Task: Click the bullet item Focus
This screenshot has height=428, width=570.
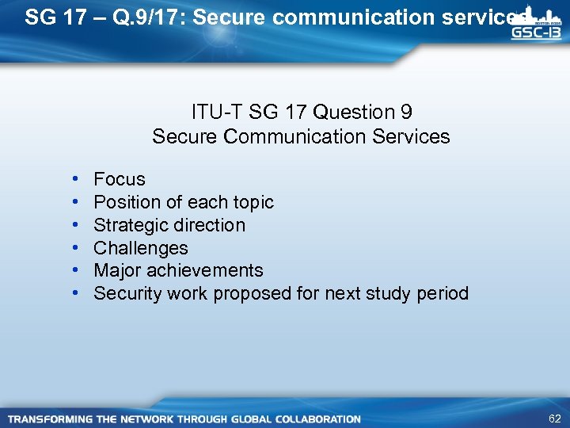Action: [120, 179]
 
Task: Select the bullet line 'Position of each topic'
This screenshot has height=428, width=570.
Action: [184, 202]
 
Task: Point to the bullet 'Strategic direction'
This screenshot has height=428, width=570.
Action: [169, 225]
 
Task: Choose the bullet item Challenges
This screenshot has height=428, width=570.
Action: [141, 248]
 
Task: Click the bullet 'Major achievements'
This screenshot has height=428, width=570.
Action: [178, 271]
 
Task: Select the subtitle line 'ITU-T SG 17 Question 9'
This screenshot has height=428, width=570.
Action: [301, 113]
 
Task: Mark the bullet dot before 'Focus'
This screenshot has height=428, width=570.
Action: [74, 179]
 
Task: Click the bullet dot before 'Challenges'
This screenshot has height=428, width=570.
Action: [74, 248]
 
